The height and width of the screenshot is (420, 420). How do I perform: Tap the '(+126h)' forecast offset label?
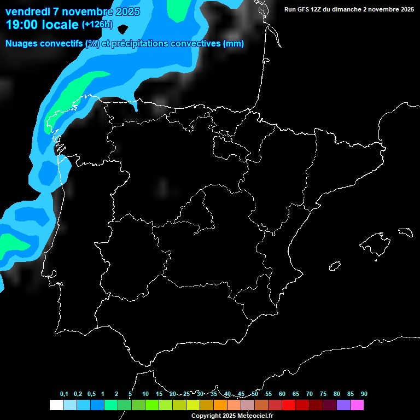97,25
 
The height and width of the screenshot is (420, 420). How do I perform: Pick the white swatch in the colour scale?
56,405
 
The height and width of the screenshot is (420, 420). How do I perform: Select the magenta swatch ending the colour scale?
357,405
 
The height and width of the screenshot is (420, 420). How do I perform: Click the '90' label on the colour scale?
364,394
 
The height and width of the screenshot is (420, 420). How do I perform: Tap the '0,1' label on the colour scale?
64,394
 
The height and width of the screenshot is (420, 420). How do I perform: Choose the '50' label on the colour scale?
255,394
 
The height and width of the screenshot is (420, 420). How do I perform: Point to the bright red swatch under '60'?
289,405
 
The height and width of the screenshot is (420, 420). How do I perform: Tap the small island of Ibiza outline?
335,266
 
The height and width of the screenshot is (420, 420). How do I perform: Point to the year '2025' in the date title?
127,11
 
